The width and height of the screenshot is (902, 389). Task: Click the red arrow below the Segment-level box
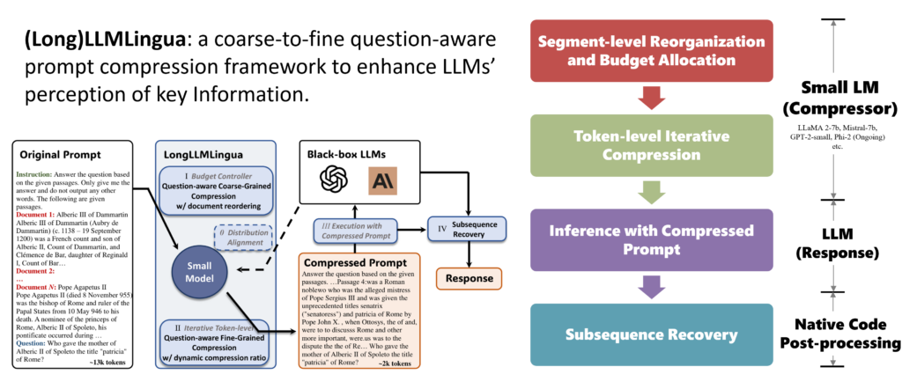tap(652, 98)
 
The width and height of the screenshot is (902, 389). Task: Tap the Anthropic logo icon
tap(385, 182)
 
